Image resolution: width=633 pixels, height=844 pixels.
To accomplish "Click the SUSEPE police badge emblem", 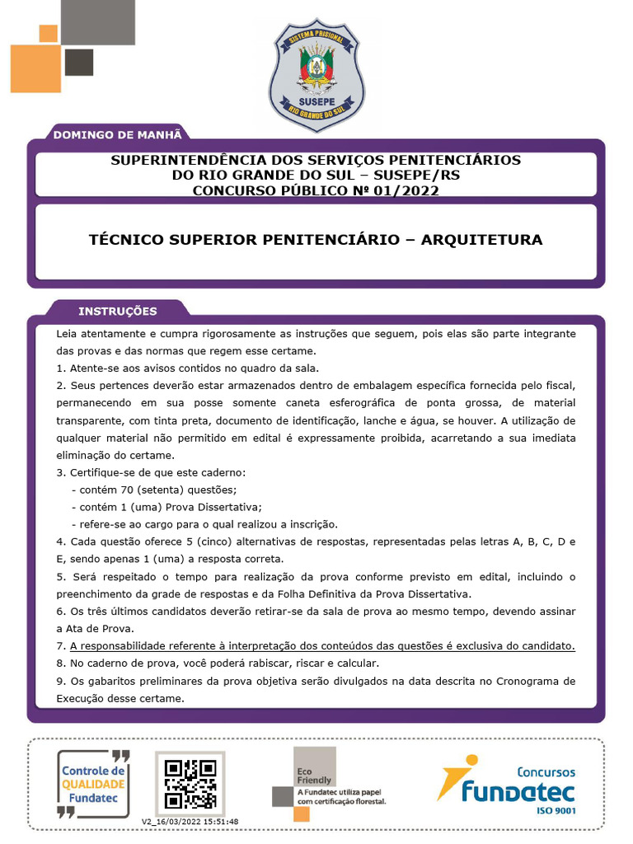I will [316, 75].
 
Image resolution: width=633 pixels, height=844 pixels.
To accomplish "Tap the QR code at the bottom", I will [190, 782].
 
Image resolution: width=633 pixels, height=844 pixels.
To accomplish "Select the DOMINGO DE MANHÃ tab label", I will [116, 134].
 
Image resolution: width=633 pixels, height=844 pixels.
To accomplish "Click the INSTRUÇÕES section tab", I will [117, 311].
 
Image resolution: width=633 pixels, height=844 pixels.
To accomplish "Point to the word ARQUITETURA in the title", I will [481, 240].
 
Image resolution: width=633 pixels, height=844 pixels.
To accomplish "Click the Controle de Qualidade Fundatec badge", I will [94, 782].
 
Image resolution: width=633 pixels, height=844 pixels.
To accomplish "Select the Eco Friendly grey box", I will [315, 767].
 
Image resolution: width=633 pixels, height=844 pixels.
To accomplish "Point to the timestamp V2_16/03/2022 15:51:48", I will [190, 821].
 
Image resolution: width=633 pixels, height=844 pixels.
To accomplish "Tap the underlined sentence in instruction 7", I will [322, 645].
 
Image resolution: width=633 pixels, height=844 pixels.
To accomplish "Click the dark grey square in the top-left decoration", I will [79, 63].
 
